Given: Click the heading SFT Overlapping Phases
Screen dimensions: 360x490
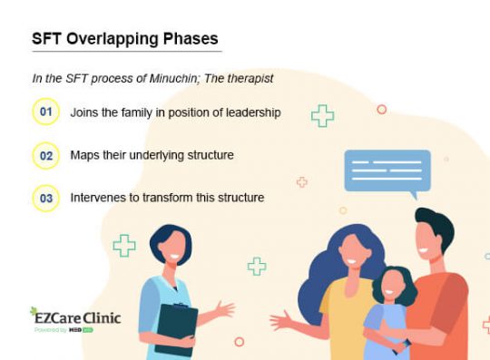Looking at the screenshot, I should click(124, 40).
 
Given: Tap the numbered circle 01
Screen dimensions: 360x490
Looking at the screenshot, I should click(45, 112).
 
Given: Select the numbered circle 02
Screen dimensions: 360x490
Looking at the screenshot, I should click(45, 155).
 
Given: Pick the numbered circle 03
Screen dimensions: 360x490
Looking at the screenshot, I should click(45, 198).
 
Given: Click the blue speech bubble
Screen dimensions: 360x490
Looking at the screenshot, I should click(387, 170).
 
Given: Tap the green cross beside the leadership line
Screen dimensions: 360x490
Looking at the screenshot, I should click(322, 115).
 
